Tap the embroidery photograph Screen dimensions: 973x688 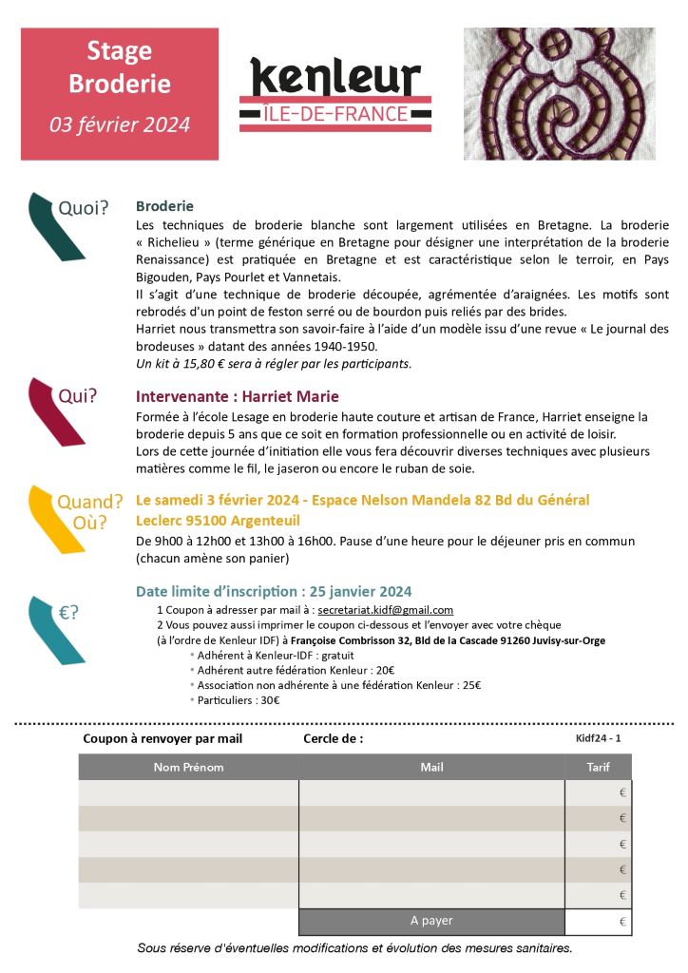pyautogui.click(x=559, y=93)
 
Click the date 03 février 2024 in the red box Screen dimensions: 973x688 pyautogui.click(x=120, y=124)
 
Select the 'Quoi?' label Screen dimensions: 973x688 pyautogui.click(x=84, y=207)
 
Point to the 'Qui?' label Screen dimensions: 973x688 pyautogui.click(x=78, y=396)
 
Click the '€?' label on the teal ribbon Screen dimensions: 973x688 pyautogui.click(x=68, y=613)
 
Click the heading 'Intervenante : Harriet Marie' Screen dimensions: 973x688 pyautogui.click(x=238, y=396)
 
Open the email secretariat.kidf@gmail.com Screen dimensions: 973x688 pyautogui.click(x=385, y=610)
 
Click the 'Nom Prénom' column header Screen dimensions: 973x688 pyautogui.click(x=188, y=767)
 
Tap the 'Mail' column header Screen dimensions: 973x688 pyautogui.click(x=431, y=767)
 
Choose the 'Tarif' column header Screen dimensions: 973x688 pyautogui.click(x=598, y=767)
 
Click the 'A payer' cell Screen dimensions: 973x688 pyautogui.click(x=431, y=921)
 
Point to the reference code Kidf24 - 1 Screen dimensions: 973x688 pyautogui.click(x=599, y=737)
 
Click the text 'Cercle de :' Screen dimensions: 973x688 pyautogui.click(x=333, y=738)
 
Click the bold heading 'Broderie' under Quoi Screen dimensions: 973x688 pyautogui.click(x=164, y=205)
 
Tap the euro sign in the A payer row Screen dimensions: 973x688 pyautogui.click(x=622, y=922)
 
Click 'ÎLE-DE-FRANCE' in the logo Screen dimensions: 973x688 pyautogui.click(x=334, y=114)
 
